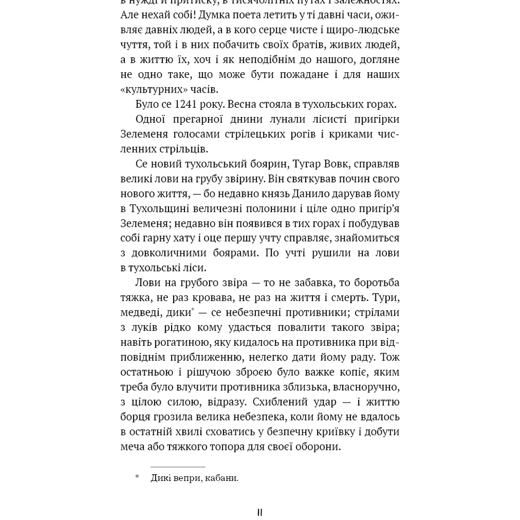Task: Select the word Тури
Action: coord(387,297)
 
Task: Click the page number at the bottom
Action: coord(260,513)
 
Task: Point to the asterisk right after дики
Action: coord(193,310)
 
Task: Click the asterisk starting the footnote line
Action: coord(137,477)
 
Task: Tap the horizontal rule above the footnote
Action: coord(178,467)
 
